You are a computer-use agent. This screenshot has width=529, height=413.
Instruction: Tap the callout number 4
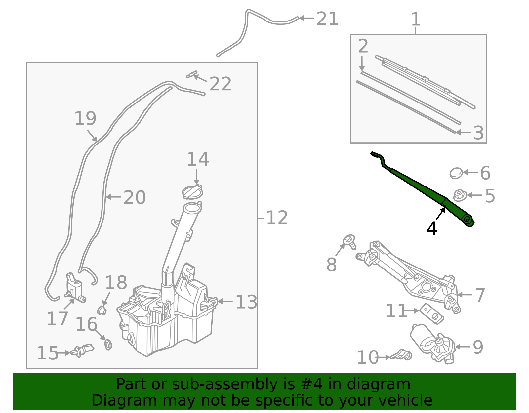tap(432, 228)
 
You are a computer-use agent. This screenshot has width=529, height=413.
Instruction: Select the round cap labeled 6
tap(456, 173)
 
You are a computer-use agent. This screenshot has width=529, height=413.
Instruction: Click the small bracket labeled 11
tap(431, 313)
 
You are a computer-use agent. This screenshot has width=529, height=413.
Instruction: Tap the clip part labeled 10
tap(402, 355)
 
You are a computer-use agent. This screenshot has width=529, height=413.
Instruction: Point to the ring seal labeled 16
tap(108, 344)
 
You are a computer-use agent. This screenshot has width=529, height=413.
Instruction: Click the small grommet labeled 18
tap(102, 310)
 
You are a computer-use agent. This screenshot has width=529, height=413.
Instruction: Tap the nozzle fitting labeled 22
tap(192, 75)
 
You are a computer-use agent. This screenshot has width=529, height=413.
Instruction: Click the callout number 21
tap(327, 19)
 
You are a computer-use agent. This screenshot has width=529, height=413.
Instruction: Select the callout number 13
tap(246, 302)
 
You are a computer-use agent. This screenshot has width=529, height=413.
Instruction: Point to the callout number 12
tap(277, 218)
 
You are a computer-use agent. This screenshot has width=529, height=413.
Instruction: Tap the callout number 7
tap(480, 295)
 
